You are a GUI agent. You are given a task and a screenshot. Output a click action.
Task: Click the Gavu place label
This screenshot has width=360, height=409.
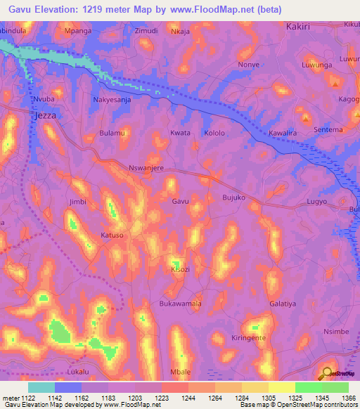coord(181,202)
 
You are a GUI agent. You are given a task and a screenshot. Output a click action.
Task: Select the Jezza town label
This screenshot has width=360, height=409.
coord(44,115)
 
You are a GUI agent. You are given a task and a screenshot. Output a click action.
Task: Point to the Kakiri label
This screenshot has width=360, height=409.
coord(303,26)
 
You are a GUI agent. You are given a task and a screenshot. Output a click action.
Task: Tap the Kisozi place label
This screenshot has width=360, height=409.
coord(181,269)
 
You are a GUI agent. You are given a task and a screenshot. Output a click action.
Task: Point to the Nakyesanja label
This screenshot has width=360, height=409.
coord(112,100)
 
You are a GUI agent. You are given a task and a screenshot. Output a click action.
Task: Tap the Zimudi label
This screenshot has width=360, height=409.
coord(146,32)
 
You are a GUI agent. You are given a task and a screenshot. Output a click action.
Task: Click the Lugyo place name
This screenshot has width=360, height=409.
coord(318,202)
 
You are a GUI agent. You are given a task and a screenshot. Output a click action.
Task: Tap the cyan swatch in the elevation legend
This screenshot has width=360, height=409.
coord(41,387)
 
